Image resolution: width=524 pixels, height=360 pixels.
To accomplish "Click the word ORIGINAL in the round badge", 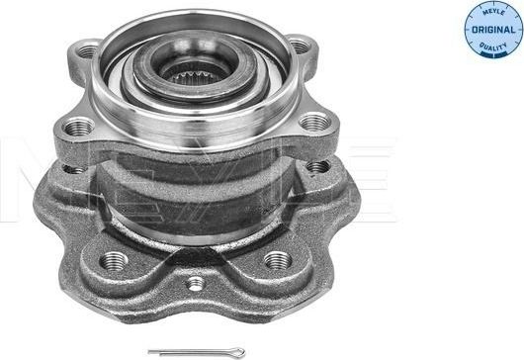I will pos(492,28).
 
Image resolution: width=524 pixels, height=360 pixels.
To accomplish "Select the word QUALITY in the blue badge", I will pos(492,43).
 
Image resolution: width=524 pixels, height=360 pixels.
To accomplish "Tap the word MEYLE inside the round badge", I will pos(492,14).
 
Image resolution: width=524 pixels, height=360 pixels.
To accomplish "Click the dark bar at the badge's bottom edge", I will pos(492,52).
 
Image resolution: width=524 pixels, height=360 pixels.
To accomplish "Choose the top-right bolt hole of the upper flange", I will pos(300,45).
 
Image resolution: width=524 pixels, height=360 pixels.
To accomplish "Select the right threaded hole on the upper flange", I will pos(314,123).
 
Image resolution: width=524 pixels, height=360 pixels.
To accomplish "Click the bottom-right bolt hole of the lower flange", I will pos(278,260).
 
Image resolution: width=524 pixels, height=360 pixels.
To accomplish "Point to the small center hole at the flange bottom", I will pos(197,284).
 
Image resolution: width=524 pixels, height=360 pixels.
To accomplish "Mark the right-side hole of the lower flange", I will pos(316,167).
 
